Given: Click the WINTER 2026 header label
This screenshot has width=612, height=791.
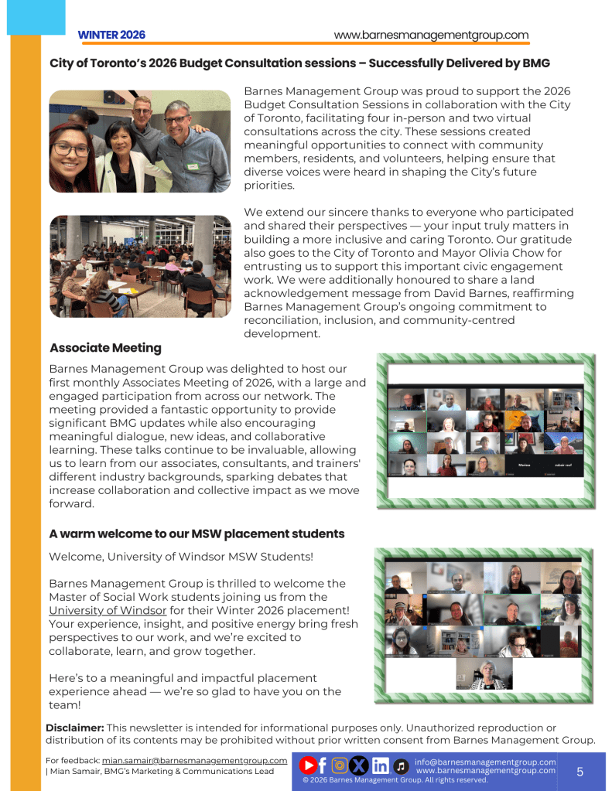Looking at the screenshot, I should tap(111, 35).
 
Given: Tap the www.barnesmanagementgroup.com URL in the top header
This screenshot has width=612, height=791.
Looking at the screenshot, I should tap(431, 35).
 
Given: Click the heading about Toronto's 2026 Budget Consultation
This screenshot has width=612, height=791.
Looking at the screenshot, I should tap(299, 63).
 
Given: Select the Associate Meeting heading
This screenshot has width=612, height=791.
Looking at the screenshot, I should tap(105, 348).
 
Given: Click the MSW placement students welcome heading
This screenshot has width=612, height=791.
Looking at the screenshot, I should tap(197, 534).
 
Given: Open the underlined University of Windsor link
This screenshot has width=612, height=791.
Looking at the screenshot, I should tap(108, 611).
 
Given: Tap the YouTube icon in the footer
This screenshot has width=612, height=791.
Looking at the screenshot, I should tap(308, 765).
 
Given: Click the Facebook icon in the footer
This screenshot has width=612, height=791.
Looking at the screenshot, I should tap(323, 765).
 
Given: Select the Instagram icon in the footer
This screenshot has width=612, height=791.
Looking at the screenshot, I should tap(339, 765).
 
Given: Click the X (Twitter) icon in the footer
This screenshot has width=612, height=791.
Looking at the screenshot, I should tap(358, 765).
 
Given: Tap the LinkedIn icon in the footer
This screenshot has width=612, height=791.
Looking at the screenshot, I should tap(380, 765).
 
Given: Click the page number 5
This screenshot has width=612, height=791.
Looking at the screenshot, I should tap(580, 772).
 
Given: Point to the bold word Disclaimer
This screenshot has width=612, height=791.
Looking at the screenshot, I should tap(74, 728).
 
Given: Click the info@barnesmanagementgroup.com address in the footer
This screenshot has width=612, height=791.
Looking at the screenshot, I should tap(485, 762).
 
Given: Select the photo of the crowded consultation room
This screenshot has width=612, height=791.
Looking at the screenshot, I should tap(140, 266).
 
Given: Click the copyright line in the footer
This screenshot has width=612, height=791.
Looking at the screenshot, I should tap(395, 780).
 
